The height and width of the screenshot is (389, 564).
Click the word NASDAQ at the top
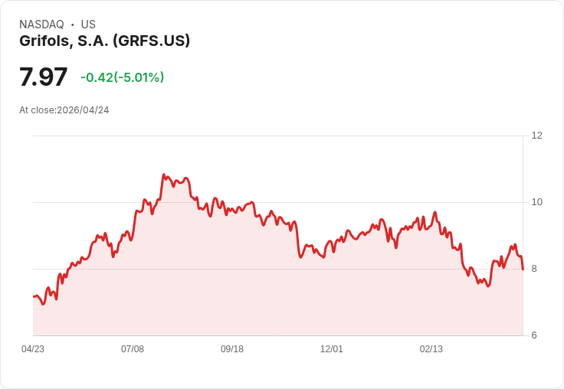tap(41, 25)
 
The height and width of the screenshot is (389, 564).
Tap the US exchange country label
tap(88, 25)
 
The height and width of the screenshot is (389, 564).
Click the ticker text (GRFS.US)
tap(151, 41)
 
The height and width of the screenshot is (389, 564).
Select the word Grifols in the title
tap(44, 41)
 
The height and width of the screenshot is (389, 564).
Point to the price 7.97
tap(43, 77)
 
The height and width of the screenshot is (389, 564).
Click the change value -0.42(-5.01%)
tap(122, 77)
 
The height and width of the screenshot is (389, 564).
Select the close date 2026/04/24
tap(83, 110)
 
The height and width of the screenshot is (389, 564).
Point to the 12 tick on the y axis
tap(536, 136)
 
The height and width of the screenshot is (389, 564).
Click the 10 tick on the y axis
tap(536, 202)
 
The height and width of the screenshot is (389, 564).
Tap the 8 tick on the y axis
tap(534, 269)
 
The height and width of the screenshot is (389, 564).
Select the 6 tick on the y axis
tap(534, 335)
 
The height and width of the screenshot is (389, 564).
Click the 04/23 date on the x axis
tap(33, 349)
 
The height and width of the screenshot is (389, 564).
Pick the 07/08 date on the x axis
tap(133, 349)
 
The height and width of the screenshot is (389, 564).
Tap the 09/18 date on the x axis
tap(232, 349)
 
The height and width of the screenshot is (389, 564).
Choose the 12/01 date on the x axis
tap(332, 349)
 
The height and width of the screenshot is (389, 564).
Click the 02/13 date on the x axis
tap(431, 349)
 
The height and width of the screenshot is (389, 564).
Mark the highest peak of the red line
tap(164, 175)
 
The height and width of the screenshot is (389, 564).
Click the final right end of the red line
tap(523, 269)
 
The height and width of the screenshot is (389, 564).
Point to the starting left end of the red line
tap(34, 296)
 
